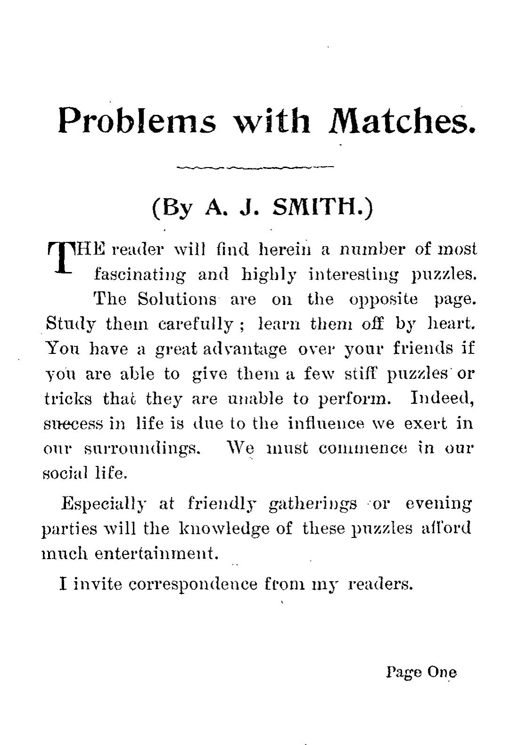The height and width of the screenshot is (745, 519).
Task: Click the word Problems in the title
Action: click(x=137, y=121)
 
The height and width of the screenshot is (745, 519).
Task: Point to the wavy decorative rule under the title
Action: click(x=254, y=167)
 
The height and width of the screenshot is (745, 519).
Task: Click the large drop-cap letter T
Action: click(x=62, y=258)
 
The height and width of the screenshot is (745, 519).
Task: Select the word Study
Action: click(x=71, y=324)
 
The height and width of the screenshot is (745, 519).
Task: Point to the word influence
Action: click(x=326, y=423)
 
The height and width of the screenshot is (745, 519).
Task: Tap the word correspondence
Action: click(x=193, y=584)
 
